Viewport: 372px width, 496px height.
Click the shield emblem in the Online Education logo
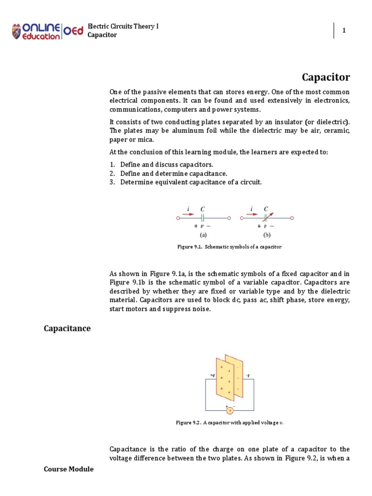(17, 31)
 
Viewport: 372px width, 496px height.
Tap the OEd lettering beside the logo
(74, 31)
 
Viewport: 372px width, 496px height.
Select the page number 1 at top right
(344, 31)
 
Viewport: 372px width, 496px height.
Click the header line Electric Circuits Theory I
(123, 26)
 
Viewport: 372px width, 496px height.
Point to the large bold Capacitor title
(325, 77)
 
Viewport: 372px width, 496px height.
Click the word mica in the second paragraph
(146, 139)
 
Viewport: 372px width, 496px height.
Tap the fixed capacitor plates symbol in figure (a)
(202, 218)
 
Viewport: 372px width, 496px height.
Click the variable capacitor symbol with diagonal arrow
(266, 218)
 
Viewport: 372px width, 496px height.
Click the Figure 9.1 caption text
(229, 247)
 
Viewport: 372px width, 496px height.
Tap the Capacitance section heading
(67, 328)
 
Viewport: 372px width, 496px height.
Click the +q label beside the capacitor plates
(213, 375)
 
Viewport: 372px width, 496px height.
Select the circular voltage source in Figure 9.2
(230, 410)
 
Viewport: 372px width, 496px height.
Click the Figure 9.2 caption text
(229, 422)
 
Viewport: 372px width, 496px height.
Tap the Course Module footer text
(68, 469)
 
